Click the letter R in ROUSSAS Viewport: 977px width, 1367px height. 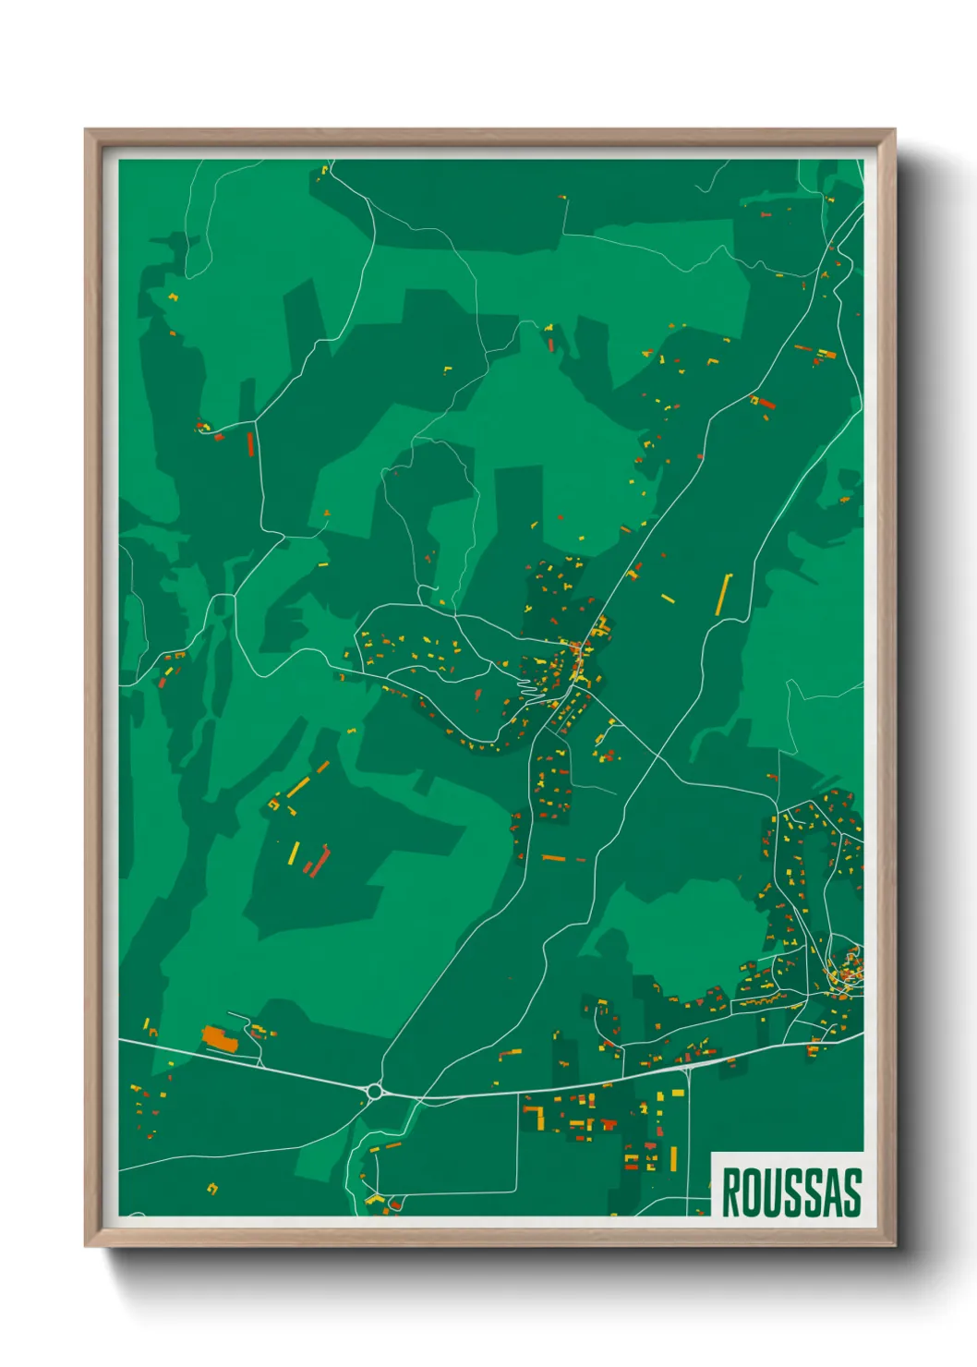(731, 1192)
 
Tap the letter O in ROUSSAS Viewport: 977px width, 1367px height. (752, 1192)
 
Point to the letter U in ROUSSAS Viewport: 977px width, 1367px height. (772, 1192)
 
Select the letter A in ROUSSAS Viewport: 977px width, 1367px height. (831, 1192)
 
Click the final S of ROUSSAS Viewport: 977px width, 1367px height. (851, 1192)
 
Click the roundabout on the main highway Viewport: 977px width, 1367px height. (374, 1092)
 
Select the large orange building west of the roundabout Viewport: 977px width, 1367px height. (220, 1039)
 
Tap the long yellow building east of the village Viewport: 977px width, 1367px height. (724, 594)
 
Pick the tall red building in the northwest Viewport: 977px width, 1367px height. (250, 444)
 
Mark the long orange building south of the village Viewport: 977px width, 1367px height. (553, 858)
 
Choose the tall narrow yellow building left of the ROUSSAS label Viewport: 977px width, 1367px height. (673, 1158)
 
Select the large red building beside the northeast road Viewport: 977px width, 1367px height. (766, 403)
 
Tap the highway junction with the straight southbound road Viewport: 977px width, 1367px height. (687, 1067)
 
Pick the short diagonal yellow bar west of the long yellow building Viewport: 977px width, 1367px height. (668, 599)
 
